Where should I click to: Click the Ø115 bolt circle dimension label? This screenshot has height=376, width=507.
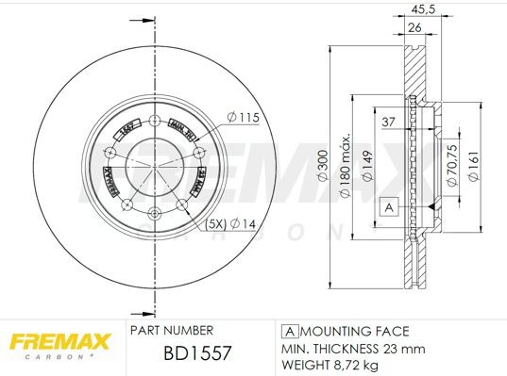coord(242,117)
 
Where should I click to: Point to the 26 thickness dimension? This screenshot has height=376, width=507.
coord(414,28)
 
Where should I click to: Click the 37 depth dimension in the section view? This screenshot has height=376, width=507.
coord(389,121)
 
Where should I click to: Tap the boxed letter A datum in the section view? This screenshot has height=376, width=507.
coord(387,206)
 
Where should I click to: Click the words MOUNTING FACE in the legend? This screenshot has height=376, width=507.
coord(355,331)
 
